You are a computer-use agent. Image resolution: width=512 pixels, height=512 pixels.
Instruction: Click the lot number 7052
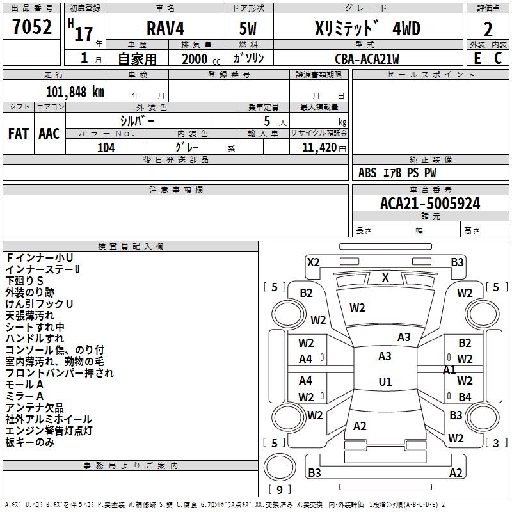pyautogui.click(x=32, y=28)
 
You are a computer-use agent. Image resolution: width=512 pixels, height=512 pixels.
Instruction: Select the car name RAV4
pyautogui.click(x=164, y=29)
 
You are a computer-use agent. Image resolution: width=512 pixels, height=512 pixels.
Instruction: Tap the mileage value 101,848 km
pyautogui.click(x=75, y=92)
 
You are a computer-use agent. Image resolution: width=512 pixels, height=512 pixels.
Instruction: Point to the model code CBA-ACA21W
pyautogui.click(x=367, y=59)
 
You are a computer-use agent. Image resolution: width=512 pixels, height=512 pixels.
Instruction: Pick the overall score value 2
pyautogui.click(x=488, y=29)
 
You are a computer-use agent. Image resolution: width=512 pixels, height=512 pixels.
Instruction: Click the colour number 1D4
pyautogui.click(x=106, y=147)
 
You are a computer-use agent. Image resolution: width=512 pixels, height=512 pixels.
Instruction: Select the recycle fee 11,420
pyautogui.click(x=319, y=147)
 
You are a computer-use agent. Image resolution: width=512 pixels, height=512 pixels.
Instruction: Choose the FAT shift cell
pyautogui.click(x=19, y=134)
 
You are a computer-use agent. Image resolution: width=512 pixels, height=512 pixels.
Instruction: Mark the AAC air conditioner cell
pyautogui.click(x=49, y=134)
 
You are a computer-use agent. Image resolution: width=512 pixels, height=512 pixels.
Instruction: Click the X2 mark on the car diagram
pyautogui.click(x=314, y=262)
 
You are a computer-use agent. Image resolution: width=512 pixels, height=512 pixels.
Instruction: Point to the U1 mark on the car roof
pyautogui.click(x=385, y=381)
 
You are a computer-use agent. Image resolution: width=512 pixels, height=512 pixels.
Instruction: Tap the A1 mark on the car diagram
pyautogui.click(x=449, y=369)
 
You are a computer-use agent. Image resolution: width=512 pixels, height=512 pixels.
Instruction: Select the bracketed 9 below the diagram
pyautogui.click(x=279, y=490)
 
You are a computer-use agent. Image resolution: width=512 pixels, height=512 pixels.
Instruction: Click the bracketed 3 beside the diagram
pyautogui.click(x=495, y=443)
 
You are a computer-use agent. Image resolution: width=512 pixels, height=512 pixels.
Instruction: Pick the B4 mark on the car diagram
pyautogui.click(x=465, y=397)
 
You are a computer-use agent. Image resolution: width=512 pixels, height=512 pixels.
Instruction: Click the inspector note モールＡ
pyautogui.click(x=24, y=385)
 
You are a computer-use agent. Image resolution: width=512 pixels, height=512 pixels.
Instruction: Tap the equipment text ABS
pyautogui.click(x=367, y=173)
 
